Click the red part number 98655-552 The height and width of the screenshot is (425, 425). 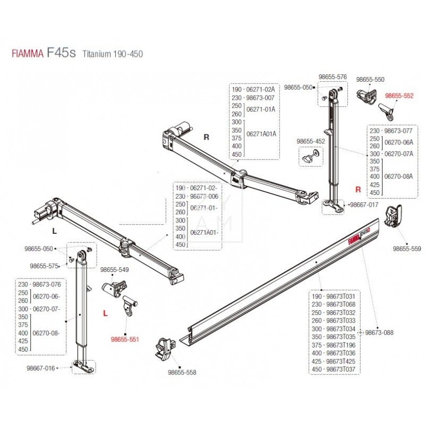point(399,96)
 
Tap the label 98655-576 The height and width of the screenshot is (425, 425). point(333,77)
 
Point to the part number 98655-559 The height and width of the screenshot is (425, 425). point(407,248)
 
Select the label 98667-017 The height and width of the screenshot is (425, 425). point(364,205)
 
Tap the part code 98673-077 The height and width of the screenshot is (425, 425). point(399,130)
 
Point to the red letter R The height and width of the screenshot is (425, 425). point(358,189)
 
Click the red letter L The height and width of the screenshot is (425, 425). point(105,313)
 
